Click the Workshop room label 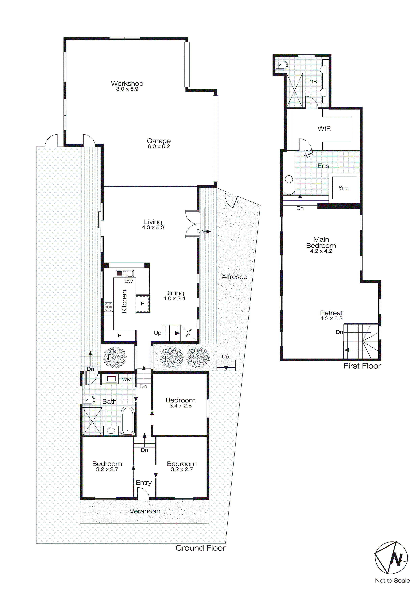(127, 83)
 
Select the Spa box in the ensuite (344, 188)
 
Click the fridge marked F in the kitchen (142, 304)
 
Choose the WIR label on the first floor (324, 128)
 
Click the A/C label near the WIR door (308, 155)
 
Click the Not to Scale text (392, 581)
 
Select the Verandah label (145, 511)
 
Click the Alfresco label (234, 277)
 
